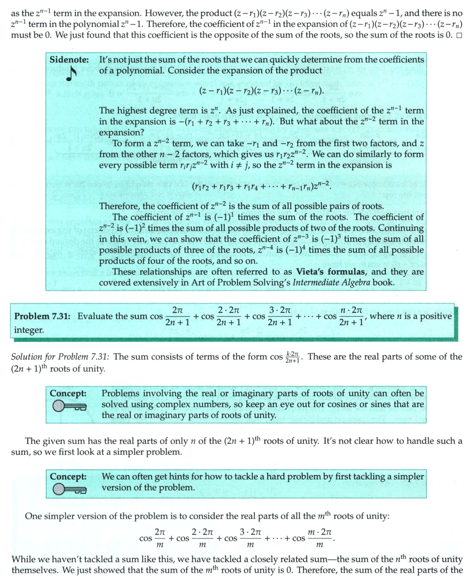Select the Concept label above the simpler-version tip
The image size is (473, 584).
click(68, 476)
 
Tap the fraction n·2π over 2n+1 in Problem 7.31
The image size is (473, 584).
click(352, 316)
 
